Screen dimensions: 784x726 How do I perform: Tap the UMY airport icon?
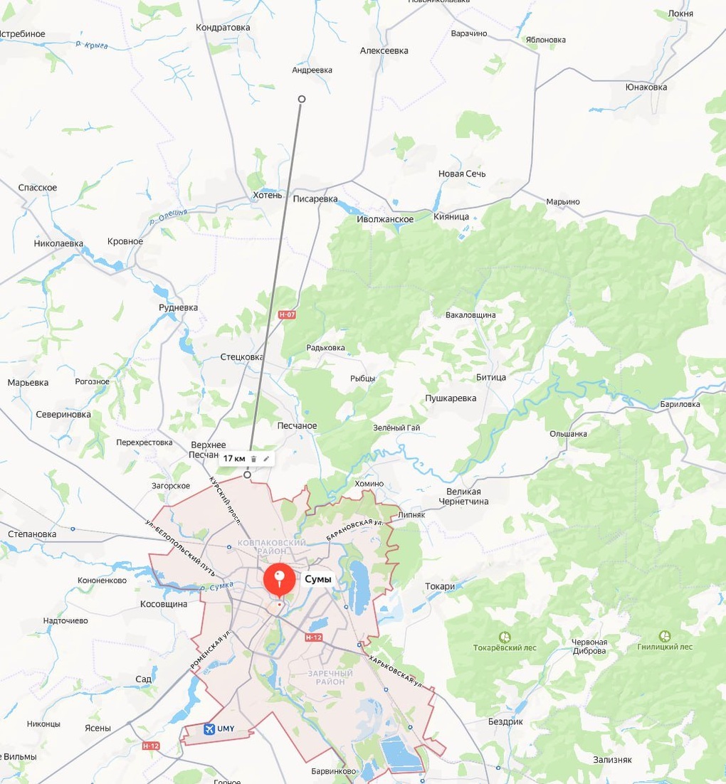209,729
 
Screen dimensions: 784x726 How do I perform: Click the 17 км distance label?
234,458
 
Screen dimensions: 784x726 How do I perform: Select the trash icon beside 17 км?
254,459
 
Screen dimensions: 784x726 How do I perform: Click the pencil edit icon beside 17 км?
266,459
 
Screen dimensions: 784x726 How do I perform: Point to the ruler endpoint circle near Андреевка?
302,99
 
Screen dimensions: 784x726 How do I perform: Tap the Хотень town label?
268,195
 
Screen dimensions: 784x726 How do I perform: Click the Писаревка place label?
315,198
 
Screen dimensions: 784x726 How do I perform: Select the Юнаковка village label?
646,88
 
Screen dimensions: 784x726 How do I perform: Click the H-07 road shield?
287,314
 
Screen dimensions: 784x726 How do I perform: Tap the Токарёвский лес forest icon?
505,636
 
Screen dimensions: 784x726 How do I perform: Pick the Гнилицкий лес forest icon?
665,635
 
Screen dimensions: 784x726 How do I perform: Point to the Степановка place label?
31,534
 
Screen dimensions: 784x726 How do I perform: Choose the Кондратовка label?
223,28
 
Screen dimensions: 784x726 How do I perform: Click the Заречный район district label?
330,677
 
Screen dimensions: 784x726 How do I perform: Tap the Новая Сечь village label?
462,174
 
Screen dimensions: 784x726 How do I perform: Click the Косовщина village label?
164,604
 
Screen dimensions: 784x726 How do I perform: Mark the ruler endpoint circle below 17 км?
248,475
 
